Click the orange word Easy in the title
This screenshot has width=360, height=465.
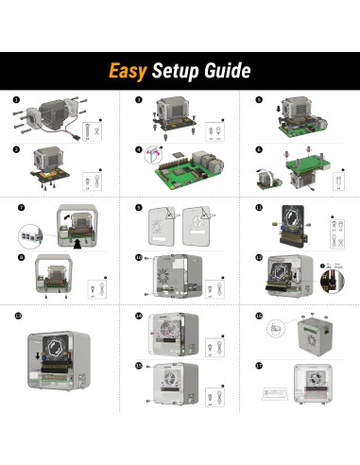(128, 72)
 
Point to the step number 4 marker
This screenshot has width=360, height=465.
(139, 149)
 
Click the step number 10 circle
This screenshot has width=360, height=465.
(139, 257)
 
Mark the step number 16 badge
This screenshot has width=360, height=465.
(259, 315)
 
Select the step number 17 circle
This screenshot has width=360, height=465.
(259, 365)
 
